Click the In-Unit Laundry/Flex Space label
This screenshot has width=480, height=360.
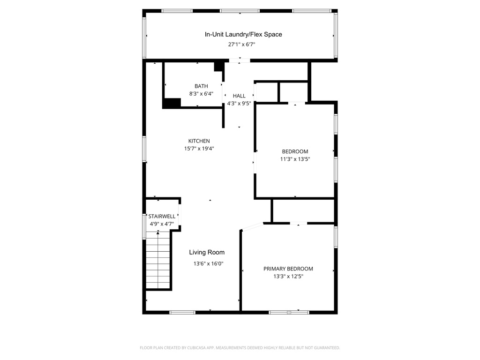pos(243,34)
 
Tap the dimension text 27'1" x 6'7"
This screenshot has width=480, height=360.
pos(241,45)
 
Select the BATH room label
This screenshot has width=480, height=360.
pos(201,86)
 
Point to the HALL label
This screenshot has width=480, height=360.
pos(239,96)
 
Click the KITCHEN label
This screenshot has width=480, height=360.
pos(199,141)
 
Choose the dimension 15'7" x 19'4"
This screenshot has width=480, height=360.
pos(199,149)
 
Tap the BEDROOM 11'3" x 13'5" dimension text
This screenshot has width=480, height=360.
pos(295,159)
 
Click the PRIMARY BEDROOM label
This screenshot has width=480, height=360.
pos(288,269)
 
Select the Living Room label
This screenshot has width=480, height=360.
pos(207,252)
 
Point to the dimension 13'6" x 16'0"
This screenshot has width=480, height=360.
pos(209,263)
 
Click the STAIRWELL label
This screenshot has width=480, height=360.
pos(162,217)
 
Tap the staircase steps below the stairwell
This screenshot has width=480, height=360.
pos(158,260)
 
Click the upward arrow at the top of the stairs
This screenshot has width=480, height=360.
pos(158,233)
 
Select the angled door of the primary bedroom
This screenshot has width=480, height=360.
pos(252,227)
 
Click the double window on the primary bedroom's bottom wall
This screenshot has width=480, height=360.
pos(289,312)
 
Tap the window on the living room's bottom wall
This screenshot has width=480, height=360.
pos(182,312)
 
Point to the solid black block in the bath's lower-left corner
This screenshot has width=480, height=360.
pos(172,103)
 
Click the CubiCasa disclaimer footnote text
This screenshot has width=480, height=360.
pos(240,348)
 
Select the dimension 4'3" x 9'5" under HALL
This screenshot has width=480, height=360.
pos(239,104)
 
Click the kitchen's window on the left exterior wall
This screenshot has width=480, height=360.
pos(144,149)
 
